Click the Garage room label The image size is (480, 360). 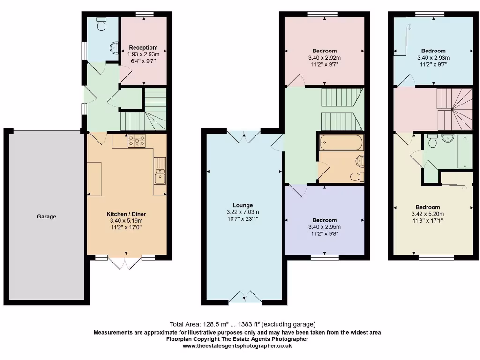pos(46,217)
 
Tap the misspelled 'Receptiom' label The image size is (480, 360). pos(143,47)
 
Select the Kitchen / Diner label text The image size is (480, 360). pos(125,214)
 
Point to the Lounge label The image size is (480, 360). pos(243,205)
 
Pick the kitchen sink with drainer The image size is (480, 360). pos(159,171)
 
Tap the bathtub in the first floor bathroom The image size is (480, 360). pos(341,142)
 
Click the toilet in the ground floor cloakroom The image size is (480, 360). pos(101,25)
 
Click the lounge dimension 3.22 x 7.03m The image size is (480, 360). pos(243,212)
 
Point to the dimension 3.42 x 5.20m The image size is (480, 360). pos(427,214)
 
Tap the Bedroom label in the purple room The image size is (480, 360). pos(324,220)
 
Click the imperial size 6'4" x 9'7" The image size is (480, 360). pos(143,61)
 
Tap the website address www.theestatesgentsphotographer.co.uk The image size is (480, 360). pos(237,345)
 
